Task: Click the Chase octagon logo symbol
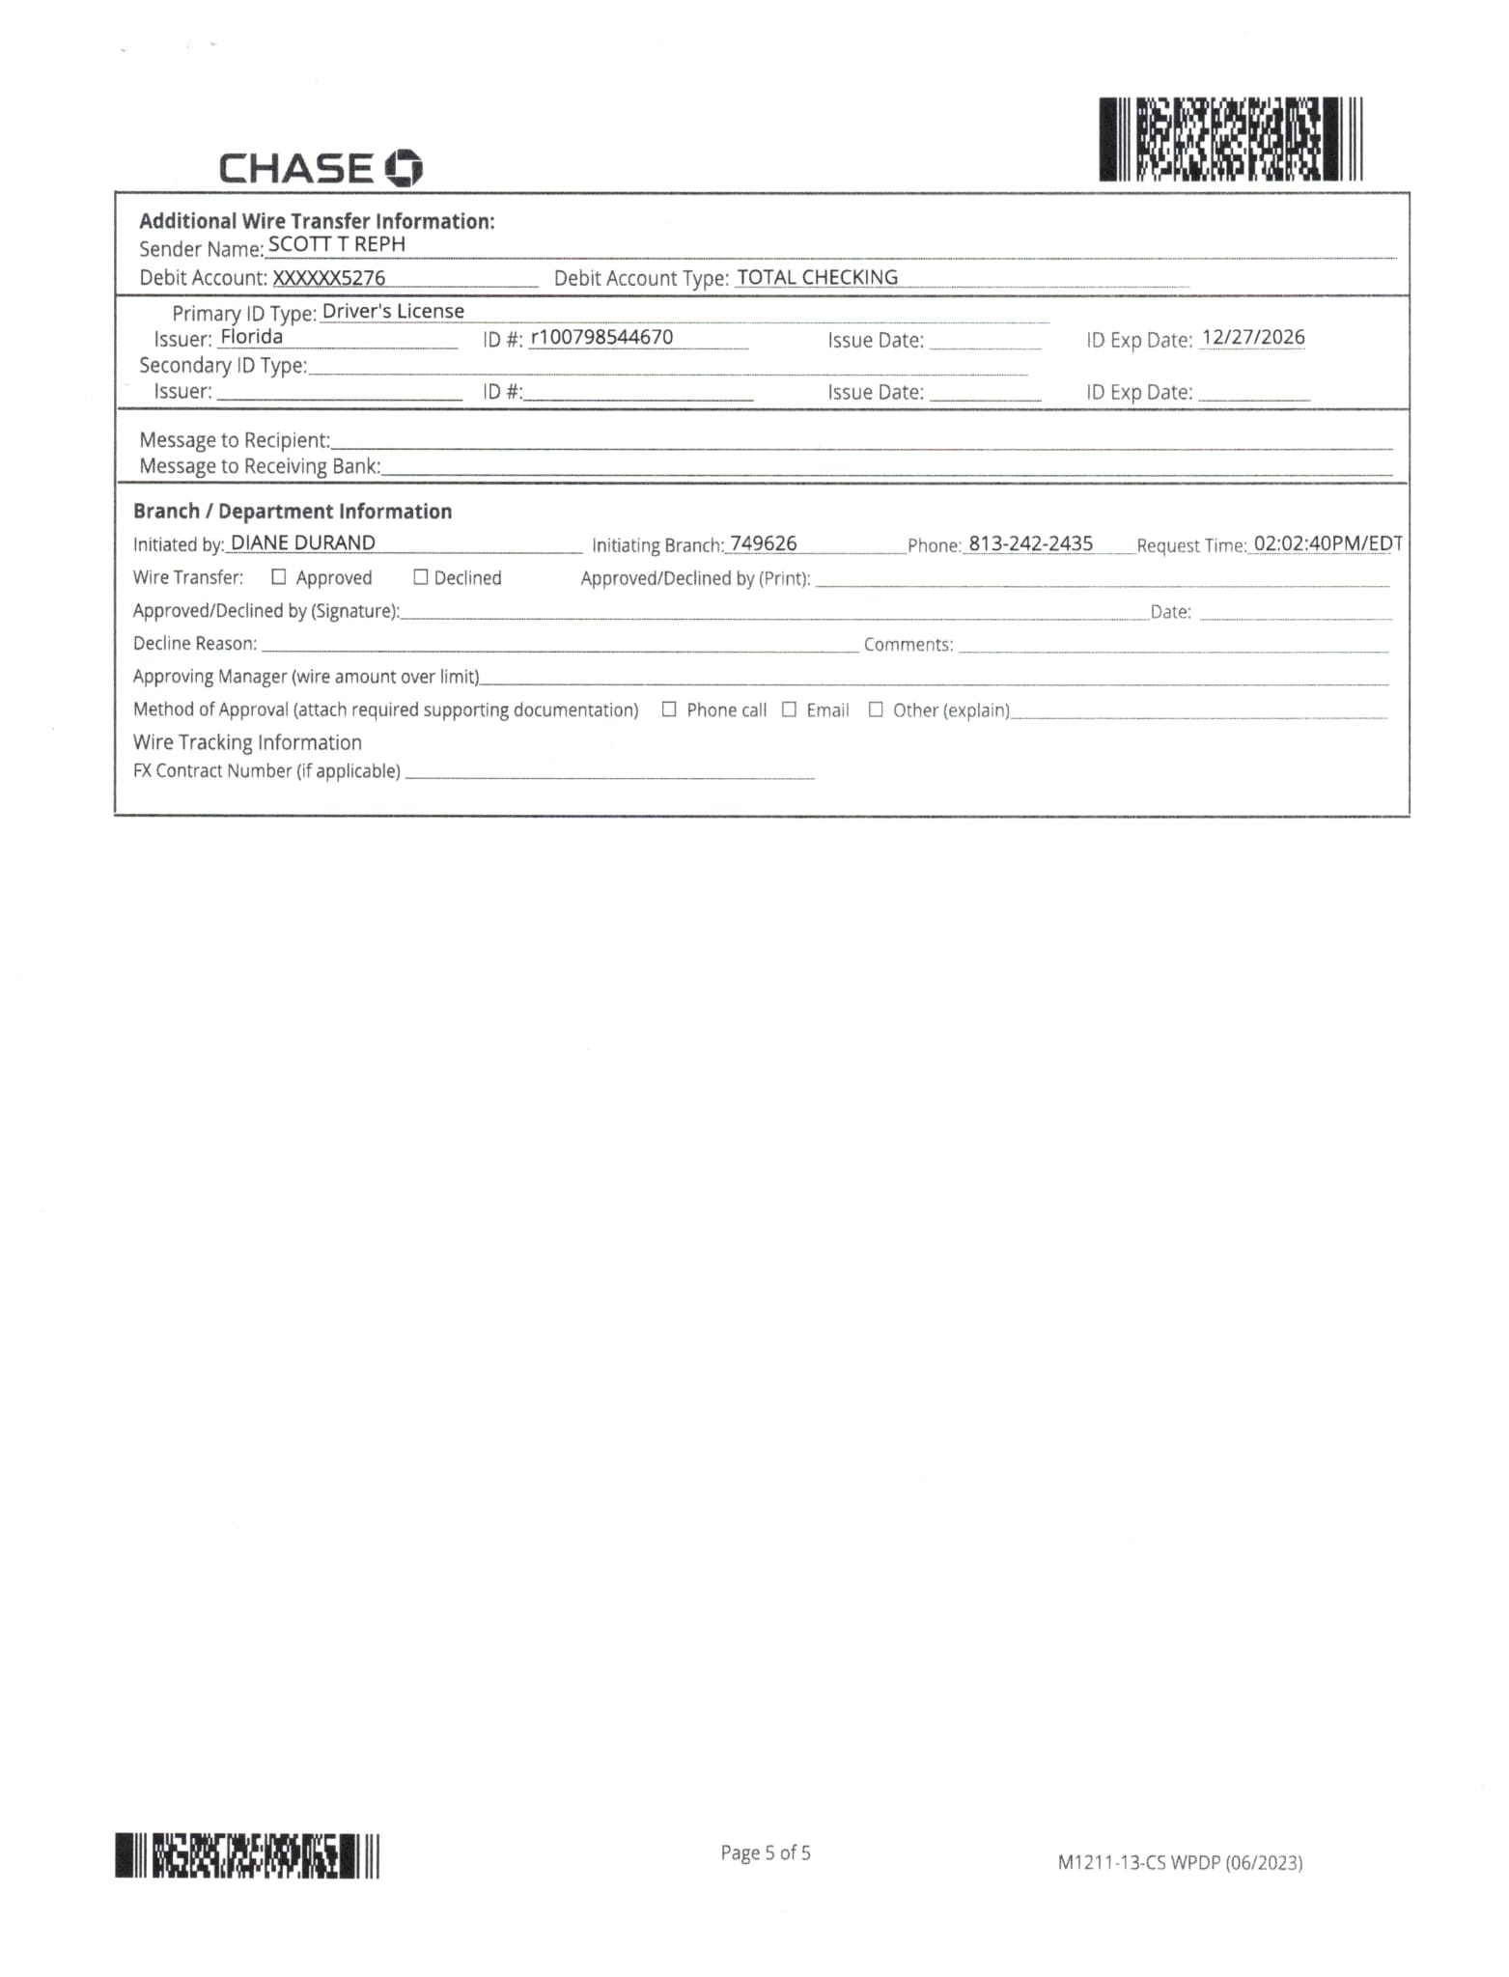pos(404,169)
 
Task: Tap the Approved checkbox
pos(279,577)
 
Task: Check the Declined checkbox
pos(421,577)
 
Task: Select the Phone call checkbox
pos(669,710)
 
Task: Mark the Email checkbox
pos(789,710)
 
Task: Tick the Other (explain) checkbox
pos(876,710)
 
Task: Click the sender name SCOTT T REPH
pos(336,245)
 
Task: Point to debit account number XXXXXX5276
pos(329,278)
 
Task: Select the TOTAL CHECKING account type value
pos(817,278)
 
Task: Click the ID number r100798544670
pos(601,338)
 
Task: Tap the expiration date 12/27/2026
pos(1253,338)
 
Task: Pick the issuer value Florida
pos(251,337)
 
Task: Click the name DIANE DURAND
pos(303,543)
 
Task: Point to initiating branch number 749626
pos(764,544)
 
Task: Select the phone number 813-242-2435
pos(1030,544)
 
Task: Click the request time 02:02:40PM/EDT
pos(1327,544)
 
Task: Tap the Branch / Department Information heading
pos(293,512)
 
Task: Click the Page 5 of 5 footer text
pos(766,1852)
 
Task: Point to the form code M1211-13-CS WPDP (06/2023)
pos(1180,1862)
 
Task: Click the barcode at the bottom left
pos(247,1855)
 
